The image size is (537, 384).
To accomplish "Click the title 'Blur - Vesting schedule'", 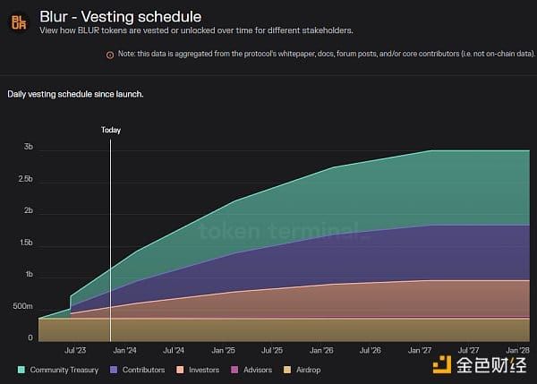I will point(120,16).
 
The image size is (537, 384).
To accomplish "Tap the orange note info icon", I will point(110,55).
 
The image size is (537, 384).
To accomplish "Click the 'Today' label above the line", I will point(110,130).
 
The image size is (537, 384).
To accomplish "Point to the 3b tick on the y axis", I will point(29,147).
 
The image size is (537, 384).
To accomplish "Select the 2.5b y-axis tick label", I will point(25,179).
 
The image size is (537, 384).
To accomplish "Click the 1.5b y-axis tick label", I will point(25,243).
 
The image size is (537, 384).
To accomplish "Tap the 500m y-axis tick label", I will point(22,307).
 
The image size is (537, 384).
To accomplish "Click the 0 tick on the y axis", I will point(30,338).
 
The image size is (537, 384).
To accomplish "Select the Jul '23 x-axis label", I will point(75,351).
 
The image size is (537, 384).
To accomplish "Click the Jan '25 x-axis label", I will point(222,351).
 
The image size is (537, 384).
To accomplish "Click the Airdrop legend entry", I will point(304,370).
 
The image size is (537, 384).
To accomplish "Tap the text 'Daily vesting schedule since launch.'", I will point(75,93).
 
